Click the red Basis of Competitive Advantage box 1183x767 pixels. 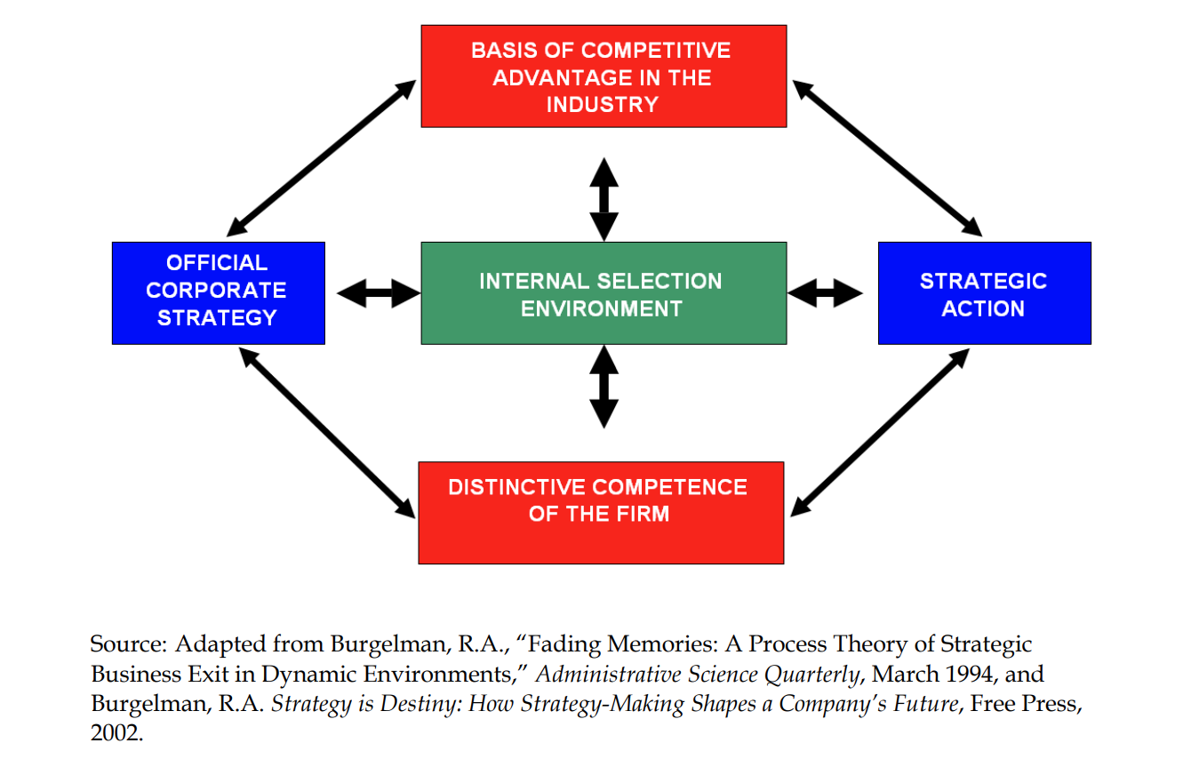(603, 76)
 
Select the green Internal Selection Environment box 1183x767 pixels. (603, 293)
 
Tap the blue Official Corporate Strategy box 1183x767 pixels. (218, 292)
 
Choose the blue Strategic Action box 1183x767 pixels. (984, 293)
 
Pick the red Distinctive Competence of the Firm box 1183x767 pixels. (601, 513)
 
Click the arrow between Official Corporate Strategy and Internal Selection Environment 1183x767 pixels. (379, 292)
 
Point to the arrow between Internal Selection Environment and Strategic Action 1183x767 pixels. (825, 292)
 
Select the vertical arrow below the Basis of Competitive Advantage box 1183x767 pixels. (604, 199)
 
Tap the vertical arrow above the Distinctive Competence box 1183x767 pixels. (604, 387)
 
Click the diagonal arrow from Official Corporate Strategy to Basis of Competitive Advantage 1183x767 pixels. (322, 157)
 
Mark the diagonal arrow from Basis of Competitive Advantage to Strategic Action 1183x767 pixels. (887, 157)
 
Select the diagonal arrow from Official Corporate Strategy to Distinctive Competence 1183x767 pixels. (327, 432)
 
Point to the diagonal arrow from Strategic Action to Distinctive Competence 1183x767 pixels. (880, 432)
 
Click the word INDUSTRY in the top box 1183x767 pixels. (602, 105)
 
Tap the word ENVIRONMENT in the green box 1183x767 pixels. (602, 308)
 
